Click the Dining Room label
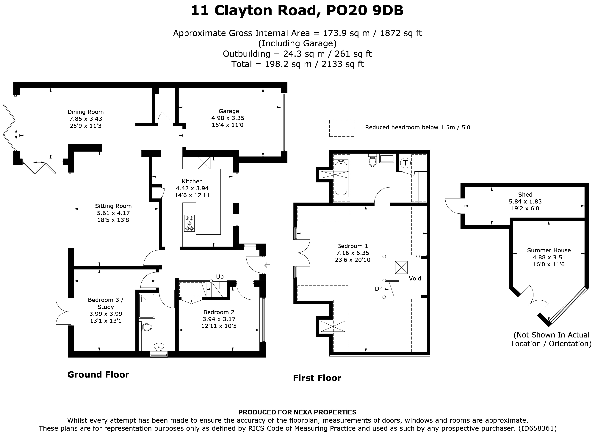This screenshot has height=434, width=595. [x=85, y=112]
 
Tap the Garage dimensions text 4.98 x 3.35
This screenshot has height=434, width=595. [x=228, y=118]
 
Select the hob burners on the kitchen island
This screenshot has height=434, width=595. [x=189, y=223]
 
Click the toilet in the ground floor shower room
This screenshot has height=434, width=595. [x=146, y=327]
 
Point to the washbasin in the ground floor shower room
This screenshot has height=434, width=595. [x=159, y=346]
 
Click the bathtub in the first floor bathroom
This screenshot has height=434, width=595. [x=341, y=178]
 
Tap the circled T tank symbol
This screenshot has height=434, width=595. [x=405, y=163]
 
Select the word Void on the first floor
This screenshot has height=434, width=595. [x=415, y=278]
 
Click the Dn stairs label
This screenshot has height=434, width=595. [x=379, y=289]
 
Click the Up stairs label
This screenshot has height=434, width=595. [x=220, y=277]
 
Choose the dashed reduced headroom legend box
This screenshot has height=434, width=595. [x=342, y=128]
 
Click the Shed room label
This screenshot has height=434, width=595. [x=525, y=195]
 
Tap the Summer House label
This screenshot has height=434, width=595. [x=549, y=250]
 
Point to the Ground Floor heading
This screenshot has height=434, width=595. [x=98, y=375]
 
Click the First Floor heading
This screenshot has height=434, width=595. [x=317, y=378]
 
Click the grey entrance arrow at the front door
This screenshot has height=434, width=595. [x=267, y=265]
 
